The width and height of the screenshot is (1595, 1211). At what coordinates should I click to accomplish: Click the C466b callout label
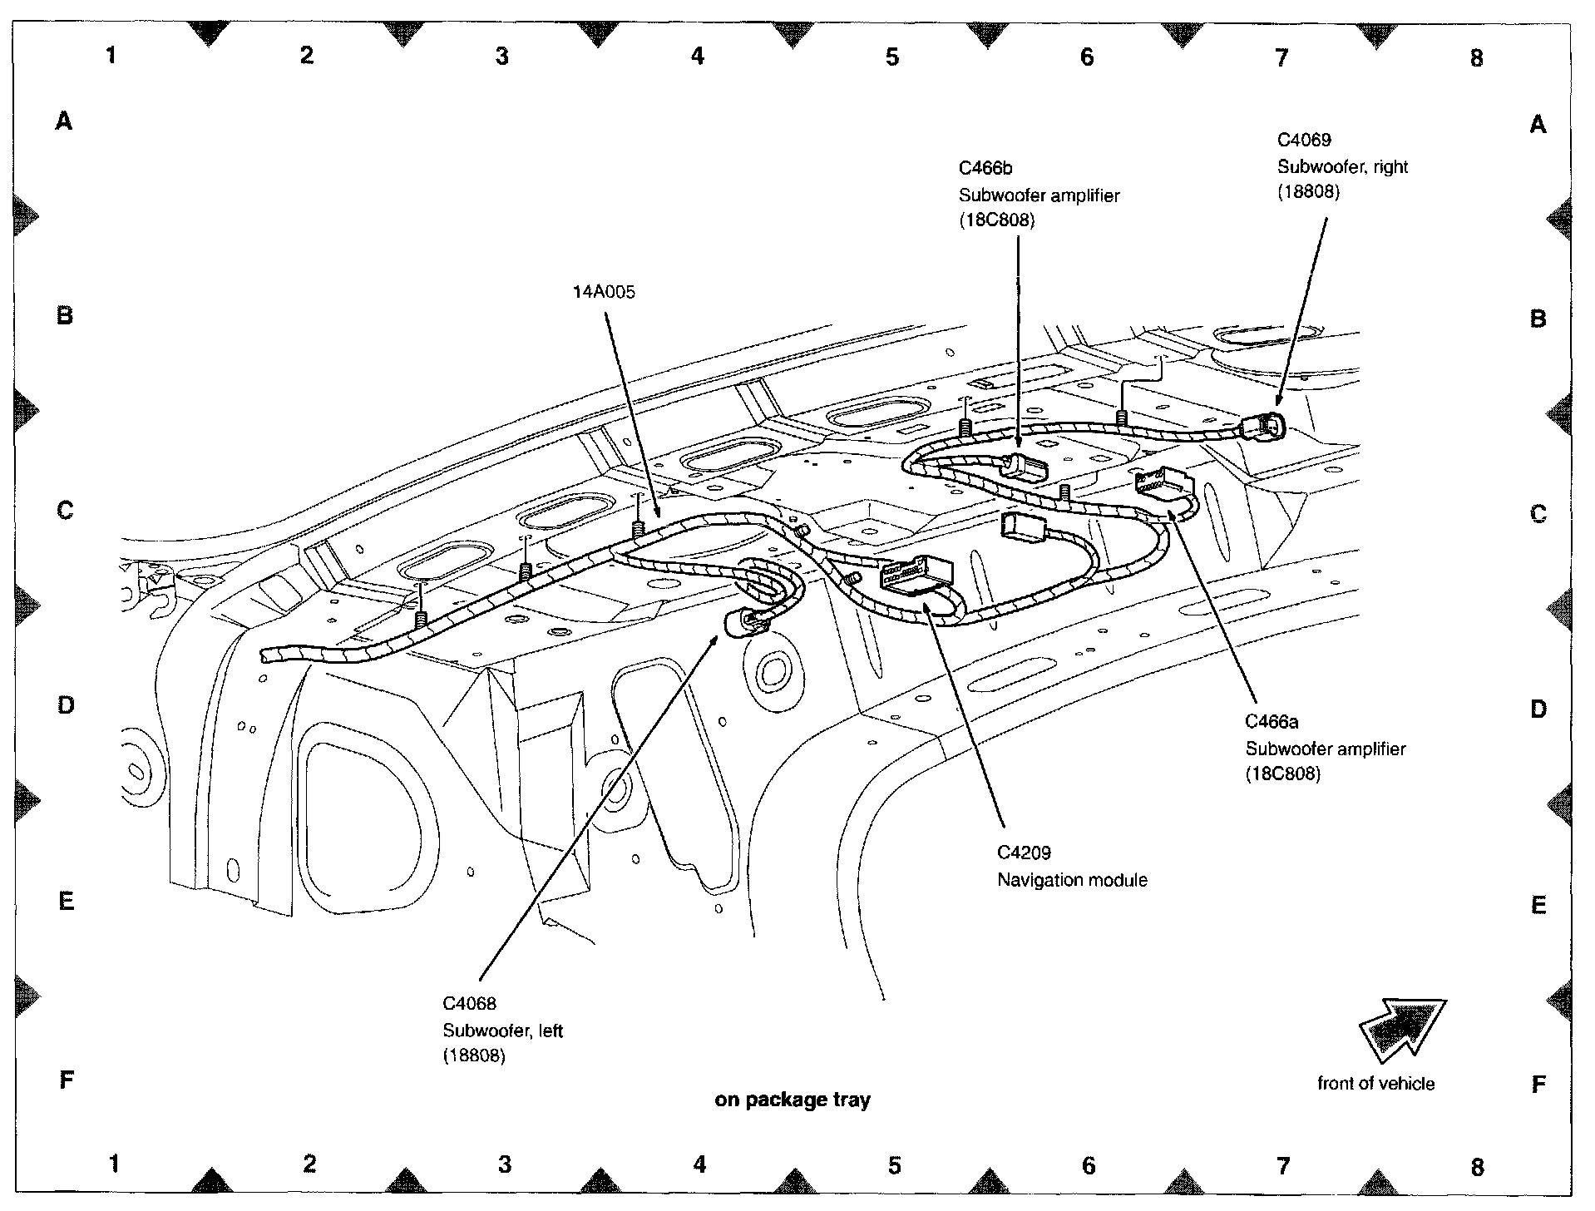985,168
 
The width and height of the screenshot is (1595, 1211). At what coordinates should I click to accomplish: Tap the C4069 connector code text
1304,140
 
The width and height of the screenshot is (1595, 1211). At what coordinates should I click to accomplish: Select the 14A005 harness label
604,292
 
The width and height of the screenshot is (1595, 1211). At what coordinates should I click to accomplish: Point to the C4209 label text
1024,853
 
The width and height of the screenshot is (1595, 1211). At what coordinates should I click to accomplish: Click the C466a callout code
1272,722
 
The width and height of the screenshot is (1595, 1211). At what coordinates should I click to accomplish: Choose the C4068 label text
469,1004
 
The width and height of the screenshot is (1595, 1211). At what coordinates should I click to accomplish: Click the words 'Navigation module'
1072,880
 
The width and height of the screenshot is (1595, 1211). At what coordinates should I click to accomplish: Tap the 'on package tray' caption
792,1100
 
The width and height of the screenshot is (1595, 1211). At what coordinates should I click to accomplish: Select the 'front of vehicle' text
1375,1083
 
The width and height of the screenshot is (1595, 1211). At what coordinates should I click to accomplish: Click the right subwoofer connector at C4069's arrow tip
1263,428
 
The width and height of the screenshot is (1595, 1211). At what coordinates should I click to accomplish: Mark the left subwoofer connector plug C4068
743,622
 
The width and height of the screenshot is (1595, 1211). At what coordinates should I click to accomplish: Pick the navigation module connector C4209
913,574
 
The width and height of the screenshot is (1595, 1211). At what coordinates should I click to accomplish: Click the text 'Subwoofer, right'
1342,166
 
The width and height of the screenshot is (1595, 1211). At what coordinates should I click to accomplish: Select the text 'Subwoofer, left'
502,1031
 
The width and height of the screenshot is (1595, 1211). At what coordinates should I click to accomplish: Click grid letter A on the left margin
64,122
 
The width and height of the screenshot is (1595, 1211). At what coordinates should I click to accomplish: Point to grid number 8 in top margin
1476,57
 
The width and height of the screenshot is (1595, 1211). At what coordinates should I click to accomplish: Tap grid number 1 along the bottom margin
114,1164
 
